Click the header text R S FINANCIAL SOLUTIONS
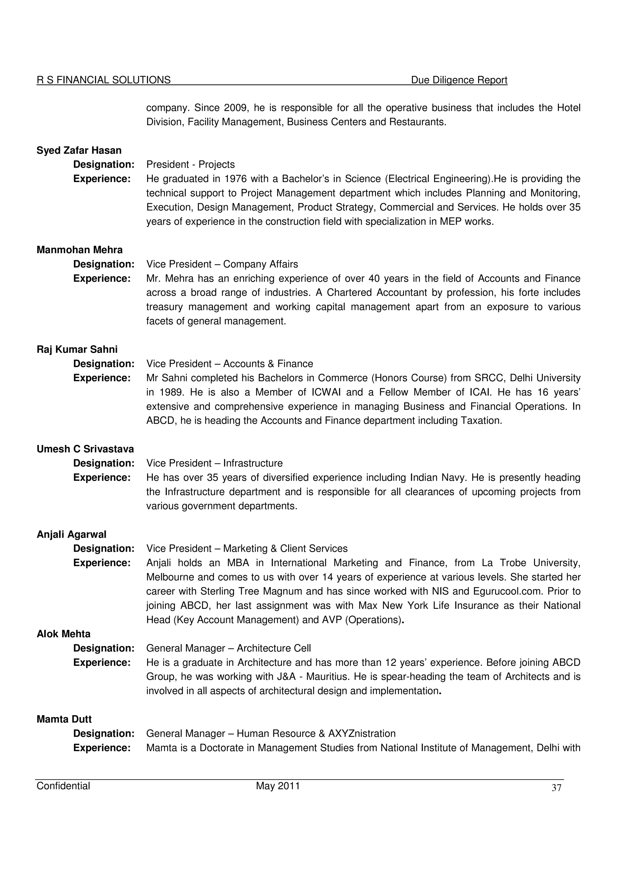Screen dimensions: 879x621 point(104,80)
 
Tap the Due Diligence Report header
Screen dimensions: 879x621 point(459,80)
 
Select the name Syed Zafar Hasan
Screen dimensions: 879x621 point(79,150)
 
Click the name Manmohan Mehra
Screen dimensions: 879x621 point(79,250)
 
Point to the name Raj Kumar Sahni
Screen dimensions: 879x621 point(77,349)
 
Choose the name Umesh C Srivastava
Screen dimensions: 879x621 point(85,449)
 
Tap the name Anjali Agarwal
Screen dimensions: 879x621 point(72,534)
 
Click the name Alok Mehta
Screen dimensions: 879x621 point(63,634)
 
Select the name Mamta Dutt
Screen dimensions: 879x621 point(64,719)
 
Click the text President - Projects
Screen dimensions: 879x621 point(190,165)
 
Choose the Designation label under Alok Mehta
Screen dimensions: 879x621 point(104,648)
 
